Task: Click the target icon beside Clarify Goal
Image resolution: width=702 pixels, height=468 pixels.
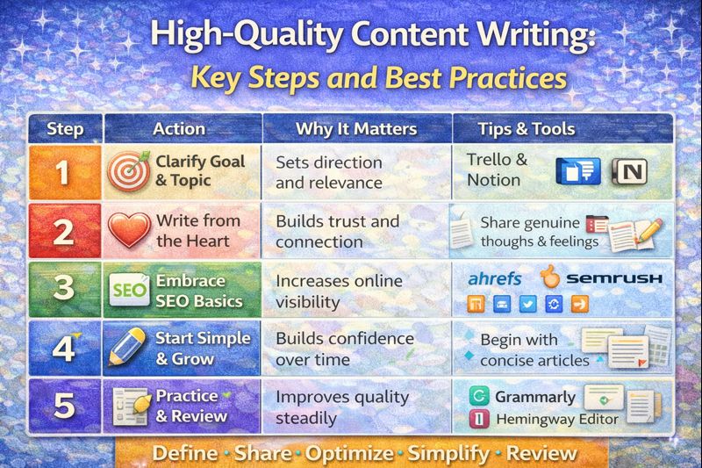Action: (x=128, y=171)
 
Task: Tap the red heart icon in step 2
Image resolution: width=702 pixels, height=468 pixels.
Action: (x=128, y=231)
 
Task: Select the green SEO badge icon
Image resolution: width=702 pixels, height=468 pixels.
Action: (x=128, y=290)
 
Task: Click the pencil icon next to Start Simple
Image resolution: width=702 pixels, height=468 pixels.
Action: (x=127, y=348)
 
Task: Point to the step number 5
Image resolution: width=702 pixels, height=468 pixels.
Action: (x=64, y=407)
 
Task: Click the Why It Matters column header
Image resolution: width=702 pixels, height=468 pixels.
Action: (x=356, y=129)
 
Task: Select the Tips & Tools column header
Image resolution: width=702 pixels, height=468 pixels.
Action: (x=526, y=129)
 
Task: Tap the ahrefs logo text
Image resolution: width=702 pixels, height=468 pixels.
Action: (x=495, y=278)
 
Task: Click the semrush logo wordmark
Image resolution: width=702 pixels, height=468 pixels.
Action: (x=613, y=278)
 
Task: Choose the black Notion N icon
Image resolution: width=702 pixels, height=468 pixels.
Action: (x=628, y=171)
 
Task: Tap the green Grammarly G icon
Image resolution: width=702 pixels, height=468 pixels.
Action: (x=479, y=396)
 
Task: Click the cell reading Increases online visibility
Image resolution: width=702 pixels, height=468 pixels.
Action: (x=339, y=291)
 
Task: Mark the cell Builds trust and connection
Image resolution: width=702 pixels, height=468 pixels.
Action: (x=337, y=231)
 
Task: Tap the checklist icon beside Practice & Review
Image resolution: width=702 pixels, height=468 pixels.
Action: (x=130, y=407)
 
